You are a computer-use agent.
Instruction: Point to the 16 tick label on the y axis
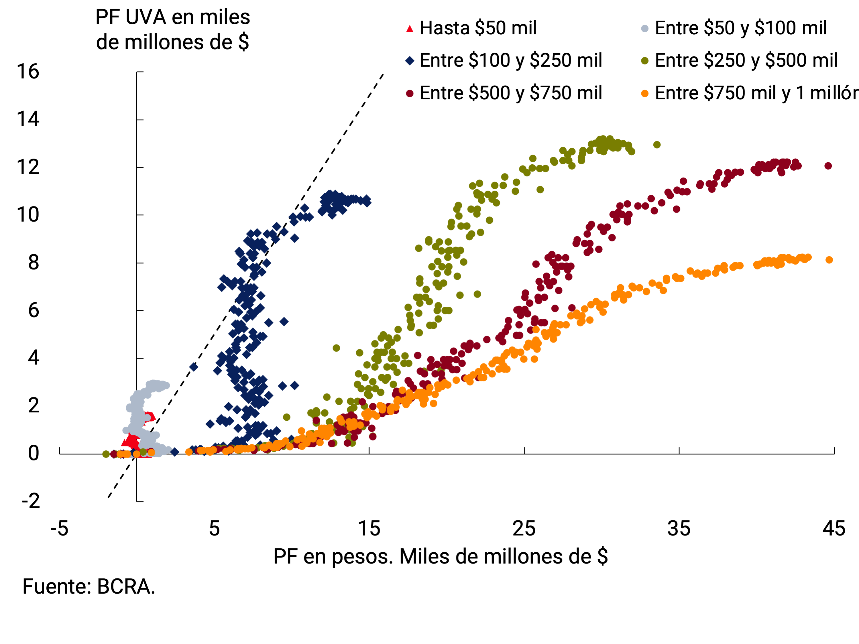point(28,72)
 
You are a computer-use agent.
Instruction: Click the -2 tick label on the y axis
point(31,501)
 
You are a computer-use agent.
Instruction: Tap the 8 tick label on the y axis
point(34,263)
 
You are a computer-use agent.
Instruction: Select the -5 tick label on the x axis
point(59,529)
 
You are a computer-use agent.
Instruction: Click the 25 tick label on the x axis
point(524,529)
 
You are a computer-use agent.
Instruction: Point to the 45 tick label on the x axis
point(834,529)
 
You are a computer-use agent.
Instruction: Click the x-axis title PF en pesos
point(440,557)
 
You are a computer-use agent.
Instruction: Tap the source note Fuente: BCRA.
point(89,586)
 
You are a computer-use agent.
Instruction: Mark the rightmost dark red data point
point(828,166)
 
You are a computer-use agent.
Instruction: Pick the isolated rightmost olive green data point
point(657,145)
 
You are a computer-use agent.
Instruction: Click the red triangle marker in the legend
point(409,29)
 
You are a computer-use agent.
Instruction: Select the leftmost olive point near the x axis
point(106,454)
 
